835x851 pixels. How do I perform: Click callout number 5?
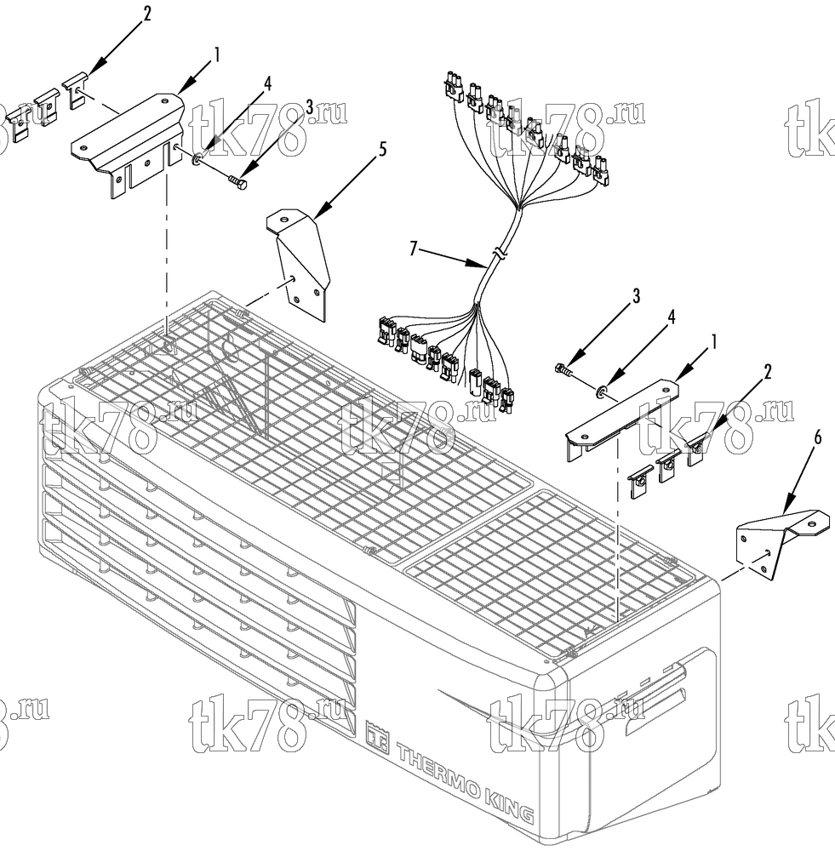[x=383, y=149]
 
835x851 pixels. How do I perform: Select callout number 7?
[x=414, y=249]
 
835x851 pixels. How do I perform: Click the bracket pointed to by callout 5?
[x=298, y=265]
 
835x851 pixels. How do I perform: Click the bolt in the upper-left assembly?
[x=238, y=180]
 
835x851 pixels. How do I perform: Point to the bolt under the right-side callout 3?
[x=564, y=372]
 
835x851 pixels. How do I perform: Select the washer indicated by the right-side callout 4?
[x=603, y=391]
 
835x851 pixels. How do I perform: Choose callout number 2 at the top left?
[x=146, y=14]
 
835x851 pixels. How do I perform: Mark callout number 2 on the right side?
[x=768, y=372]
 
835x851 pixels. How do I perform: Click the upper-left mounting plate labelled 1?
[x=127, y=143]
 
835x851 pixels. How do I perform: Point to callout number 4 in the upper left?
[x=268, y=83]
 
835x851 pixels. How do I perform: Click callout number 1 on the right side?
[x=715, y=342]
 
